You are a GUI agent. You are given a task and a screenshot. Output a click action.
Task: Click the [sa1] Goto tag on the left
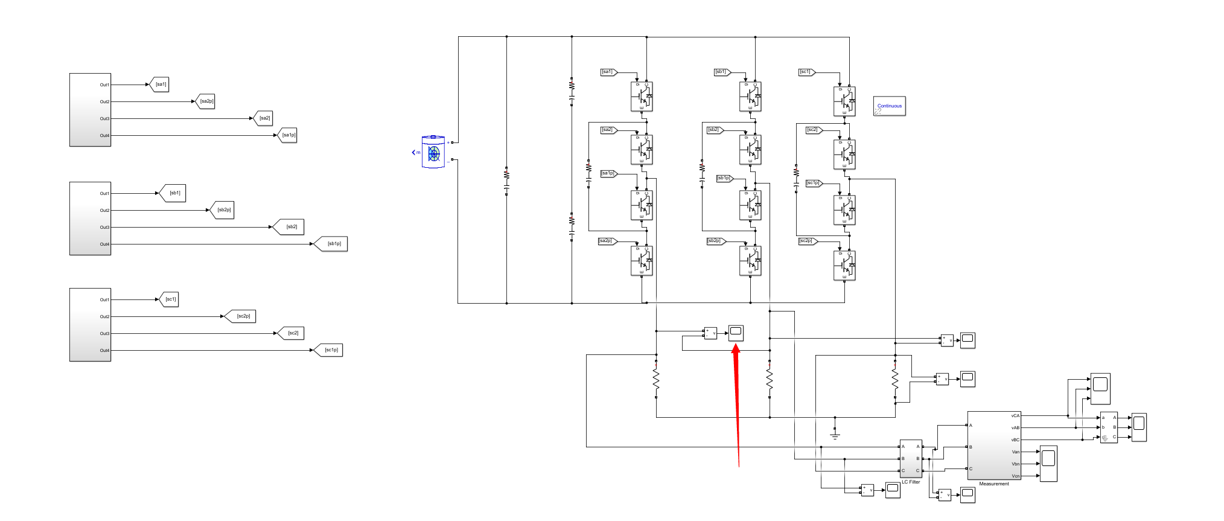pyautogui.click(x=161, y=85)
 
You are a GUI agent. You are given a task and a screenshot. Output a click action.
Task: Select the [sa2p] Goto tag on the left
pyautogui.click(x=206, y=101)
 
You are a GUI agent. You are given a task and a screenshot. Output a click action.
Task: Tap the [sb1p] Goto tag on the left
pyautogui.click(x=334, y=244)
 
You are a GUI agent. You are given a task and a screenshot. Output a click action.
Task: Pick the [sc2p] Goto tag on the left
pyautogui.click(x=243, y=316)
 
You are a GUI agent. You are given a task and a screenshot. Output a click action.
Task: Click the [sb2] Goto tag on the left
pyautogui.click(x=291, y=227)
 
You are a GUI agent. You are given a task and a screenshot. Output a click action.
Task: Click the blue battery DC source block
pyautogui.click(x=433, y=152)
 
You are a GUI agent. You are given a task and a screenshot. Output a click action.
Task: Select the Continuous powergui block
pyautogui.click(x=889, y=106)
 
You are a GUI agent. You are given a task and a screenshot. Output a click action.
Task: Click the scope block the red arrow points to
pyautogui.click(x=736, y=332)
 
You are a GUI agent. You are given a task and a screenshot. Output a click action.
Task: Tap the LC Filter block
pyautogui.click(x=911, y=459)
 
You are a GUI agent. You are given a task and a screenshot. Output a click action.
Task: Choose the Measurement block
pyautogui.click(x=994, y=446)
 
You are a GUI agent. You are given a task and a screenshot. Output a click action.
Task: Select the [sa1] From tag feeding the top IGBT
pyautogui.click(x=608, y=72)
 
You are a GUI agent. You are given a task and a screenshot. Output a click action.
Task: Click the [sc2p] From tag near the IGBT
pyautogui.click(x=806, y=241)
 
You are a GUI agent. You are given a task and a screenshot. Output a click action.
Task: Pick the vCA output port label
pyautogui.click(x=1015, y=416)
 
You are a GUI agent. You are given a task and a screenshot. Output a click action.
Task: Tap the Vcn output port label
pyautogui.click(x=1015, y=476)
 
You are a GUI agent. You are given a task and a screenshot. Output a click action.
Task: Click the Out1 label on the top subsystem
pyautogui.click(x=104, y=85)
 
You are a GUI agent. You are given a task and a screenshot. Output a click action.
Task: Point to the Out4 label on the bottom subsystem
pyautogui.click(x=104, y=351)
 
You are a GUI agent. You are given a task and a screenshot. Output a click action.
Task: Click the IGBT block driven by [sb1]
pyautogui.click(x=750, y=97)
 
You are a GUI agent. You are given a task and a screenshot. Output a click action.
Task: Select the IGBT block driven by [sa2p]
pyautogui.click(x=642, y=261)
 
